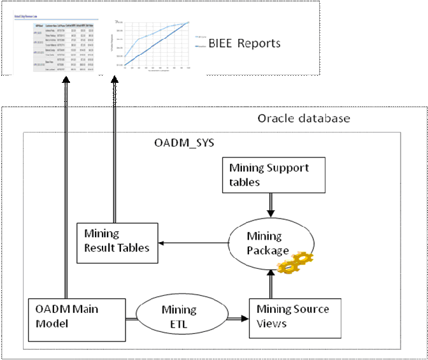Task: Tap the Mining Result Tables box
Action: (x=117, y=241)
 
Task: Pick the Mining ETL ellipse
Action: (x=178, y=317)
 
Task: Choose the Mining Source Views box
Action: (x=293, y=316)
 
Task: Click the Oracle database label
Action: (x=303, y=119)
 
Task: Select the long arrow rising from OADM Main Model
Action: (x=66, y=191)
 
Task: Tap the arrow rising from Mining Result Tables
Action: (x=115, y=153)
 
